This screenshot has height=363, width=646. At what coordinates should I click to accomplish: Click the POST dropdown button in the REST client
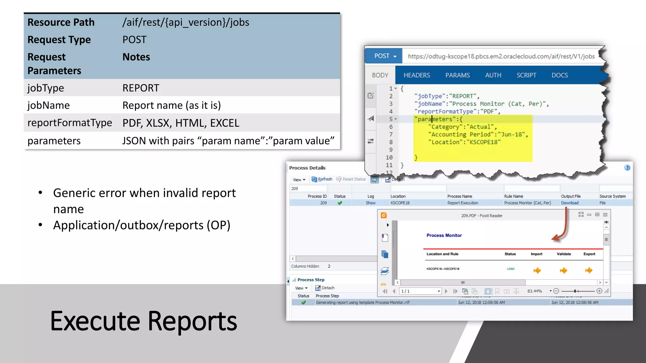pos(385,56)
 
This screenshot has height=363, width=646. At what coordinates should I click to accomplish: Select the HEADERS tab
pos(417,75)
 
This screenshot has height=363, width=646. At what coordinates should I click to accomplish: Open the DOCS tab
pos(560,75)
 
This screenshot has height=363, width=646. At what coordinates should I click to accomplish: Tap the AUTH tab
pos(493,75)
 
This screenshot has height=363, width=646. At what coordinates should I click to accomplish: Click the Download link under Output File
pos(570,203)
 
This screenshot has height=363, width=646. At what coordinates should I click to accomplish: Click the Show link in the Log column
pos(371,203)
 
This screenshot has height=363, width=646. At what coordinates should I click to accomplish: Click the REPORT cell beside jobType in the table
pos(141,88)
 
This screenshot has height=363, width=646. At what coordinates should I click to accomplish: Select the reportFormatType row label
pos(70,123)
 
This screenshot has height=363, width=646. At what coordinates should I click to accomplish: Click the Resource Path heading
pos(61,22)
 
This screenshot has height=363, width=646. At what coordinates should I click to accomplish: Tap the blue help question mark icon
pos(627,168)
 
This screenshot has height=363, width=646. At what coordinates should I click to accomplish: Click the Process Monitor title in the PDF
pos(444,235)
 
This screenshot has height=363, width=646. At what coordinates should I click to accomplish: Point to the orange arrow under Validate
pos(563,270)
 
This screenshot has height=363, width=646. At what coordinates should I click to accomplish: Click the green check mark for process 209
pos(340,203)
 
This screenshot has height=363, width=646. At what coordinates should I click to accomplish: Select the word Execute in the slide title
pos(95,321)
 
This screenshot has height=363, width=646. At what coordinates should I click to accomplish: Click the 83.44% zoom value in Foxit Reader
pos(535,291)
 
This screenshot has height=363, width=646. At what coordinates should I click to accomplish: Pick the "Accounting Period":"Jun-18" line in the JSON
pos(478,135)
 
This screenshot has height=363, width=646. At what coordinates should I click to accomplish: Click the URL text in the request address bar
pos(501,56)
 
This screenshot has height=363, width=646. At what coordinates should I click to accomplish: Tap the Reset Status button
pos(351,179)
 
